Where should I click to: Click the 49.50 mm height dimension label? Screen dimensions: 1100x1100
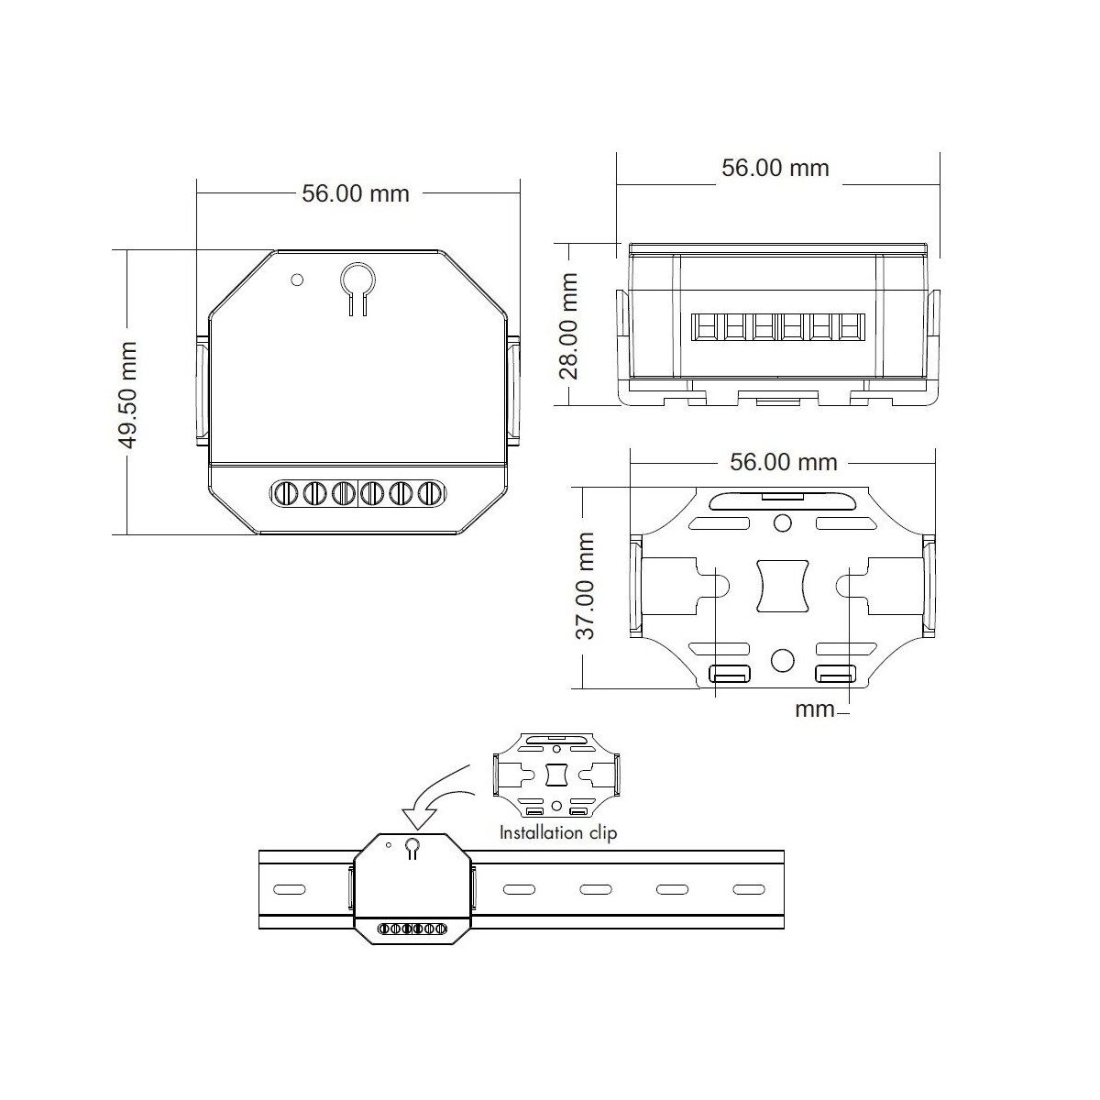coord(127,395)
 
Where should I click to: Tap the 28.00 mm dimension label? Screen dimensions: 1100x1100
coord(568,326)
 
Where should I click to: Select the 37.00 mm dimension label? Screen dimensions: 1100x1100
coord(586,586)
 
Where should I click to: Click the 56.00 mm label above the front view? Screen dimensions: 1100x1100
coord(355,193)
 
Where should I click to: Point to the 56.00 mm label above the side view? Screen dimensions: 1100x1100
coord(775,168)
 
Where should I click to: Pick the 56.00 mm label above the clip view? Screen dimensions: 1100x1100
coord(783,462)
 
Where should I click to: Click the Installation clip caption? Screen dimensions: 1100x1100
coord(558,833)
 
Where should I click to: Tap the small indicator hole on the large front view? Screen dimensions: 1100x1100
coord(297,280)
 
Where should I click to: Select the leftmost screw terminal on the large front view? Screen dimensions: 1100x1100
coord(285,492)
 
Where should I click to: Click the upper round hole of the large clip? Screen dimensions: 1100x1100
coord(783,522)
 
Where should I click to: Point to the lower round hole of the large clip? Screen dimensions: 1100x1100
coord(783,660)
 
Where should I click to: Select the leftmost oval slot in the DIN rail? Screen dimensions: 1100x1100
coord(290,889)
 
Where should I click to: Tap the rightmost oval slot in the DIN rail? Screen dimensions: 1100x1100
coord(748,889)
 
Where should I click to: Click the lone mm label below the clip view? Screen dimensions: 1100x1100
coord(815,709)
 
